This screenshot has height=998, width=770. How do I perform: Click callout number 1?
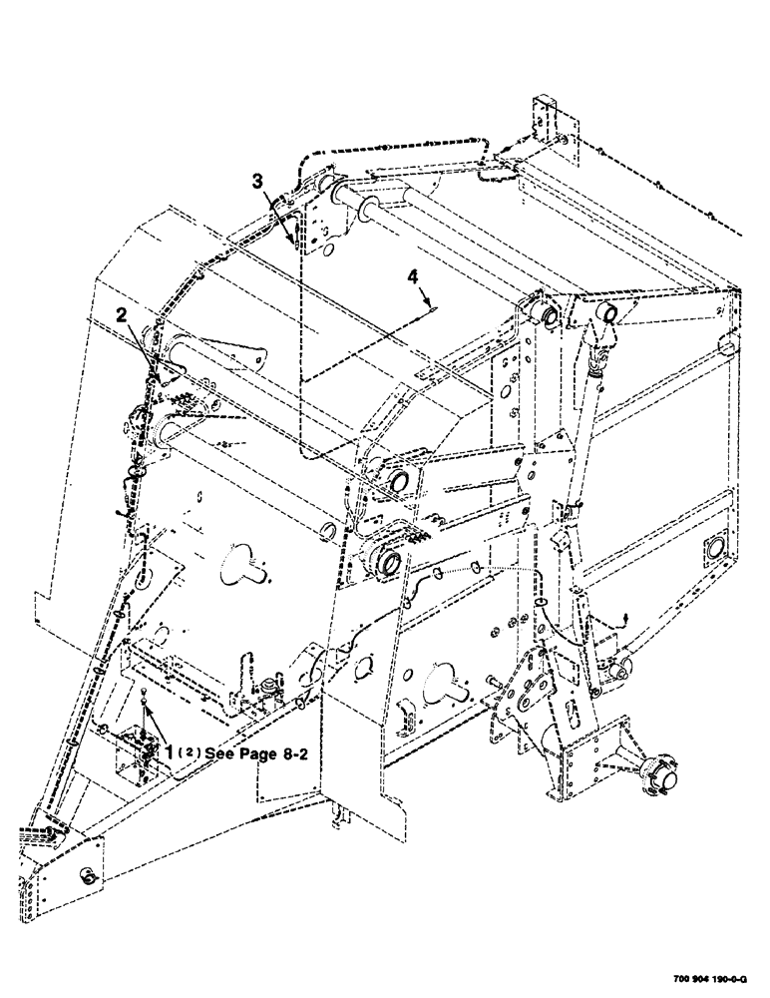coord(172,748)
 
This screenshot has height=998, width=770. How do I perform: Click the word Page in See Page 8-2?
coord(256,754)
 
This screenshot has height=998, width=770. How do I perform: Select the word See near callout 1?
coord(218,754)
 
